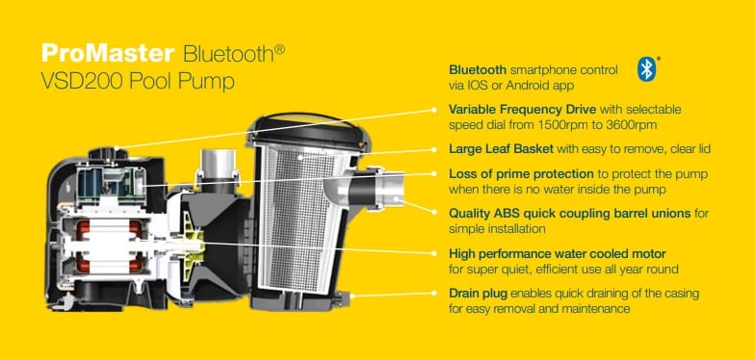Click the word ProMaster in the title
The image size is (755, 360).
108,52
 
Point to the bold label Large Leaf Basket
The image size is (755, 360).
501,148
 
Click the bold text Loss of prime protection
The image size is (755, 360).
521,173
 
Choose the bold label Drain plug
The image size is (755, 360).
478,293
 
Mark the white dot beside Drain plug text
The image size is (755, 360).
433,293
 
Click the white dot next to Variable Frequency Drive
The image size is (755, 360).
433,110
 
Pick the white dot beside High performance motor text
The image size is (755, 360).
433,253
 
